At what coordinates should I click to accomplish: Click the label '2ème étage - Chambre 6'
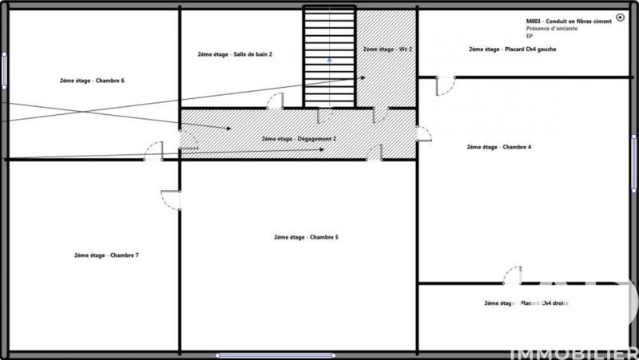(x=92, y=81)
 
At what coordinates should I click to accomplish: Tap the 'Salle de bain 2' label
(x=235, y=54)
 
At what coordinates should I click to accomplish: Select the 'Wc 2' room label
(x=387, y=49)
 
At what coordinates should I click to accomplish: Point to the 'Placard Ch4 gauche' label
(x=512, y=49)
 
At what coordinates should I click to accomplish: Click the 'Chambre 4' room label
(x=498, y=147)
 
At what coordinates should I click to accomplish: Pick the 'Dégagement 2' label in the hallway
(x=299, y=138)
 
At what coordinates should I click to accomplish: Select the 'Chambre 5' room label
(x=306, y=237)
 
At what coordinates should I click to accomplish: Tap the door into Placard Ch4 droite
(x=512, y=275)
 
